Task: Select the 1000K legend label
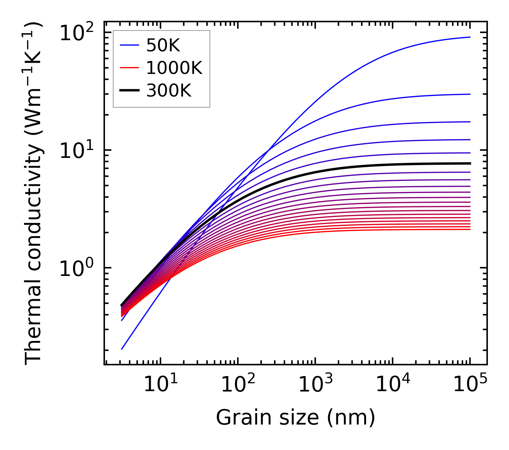coord(174,68)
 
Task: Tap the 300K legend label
coord(169,91)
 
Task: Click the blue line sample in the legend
coord(129,45)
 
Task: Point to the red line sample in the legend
coord(129,68)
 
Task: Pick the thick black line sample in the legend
coord(129,91)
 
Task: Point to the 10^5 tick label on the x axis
coord(469,385)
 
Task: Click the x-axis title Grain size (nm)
coord(296,418)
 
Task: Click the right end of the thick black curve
coord(470,163)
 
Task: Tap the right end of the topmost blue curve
coord(470,37)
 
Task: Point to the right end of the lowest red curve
coord(470,229)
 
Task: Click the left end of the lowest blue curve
coord(122,349)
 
